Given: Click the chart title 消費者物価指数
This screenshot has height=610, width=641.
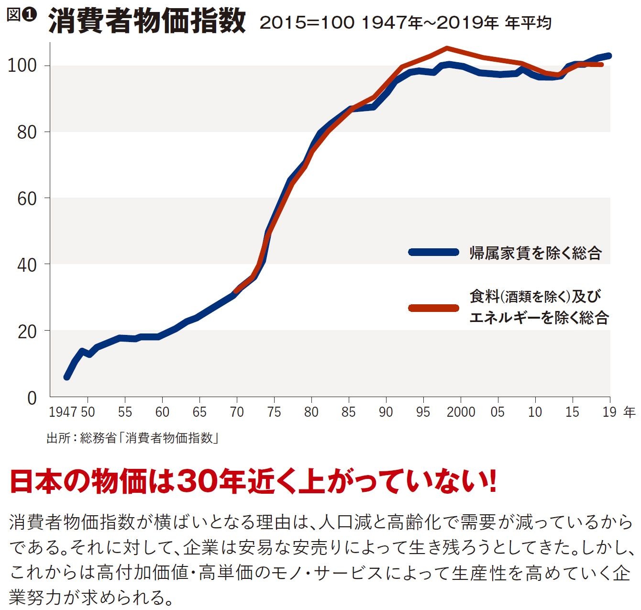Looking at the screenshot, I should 147,21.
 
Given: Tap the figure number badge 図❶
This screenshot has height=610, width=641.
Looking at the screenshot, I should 22,15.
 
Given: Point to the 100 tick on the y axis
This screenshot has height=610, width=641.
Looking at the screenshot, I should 22,66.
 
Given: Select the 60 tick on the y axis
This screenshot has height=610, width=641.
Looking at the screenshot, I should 26,199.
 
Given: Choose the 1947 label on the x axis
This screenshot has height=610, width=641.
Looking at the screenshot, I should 63,412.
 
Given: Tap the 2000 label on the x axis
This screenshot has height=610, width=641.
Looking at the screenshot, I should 461,412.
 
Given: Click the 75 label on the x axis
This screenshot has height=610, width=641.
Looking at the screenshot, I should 274,412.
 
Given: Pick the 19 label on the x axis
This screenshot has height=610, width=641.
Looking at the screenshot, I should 609,412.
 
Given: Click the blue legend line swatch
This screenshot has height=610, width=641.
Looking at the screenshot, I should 434,252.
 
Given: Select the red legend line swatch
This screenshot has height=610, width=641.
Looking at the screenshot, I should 434,308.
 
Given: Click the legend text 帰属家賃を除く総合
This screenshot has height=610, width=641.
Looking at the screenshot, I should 535,253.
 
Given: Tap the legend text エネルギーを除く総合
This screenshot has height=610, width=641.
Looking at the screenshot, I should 539,317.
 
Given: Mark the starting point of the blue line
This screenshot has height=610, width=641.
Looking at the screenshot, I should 67,377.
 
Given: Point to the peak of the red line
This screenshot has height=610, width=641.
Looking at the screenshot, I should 446,48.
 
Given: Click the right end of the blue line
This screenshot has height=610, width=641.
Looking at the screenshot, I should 608,55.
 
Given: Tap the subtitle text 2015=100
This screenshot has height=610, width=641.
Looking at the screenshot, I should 307,22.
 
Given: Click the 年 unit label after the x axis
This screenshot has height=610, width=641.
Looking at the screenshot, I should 630,412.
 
